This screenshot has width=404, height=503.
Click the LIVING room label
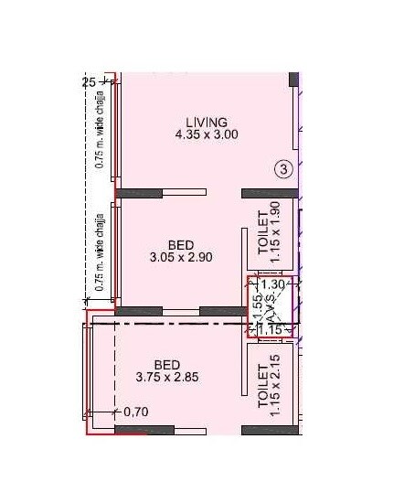coord(206,122)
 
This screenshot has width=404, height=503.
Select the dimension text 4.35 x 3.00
coord(207,134)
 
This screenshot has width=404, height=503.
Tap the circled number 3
coord(285,168)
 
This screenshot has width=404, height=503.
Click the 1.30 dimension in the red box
coord(274,284)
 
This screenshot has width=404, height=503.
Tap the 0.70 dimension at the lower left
coord(135,412)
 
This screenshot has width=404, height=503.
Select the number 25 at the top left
coord(89,82)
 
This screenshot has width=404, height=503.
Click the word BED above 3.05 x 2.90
coord(179,245)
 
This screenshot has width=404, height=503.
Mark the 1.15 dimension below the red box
coord(268,329)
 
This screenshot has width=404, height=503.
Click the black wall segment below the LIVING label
coord(139,192)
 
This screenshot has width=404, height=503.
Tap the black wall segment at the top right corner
coord(294,80)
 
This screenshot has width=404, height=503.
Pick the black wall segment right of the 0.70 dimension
coord(144,428)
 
